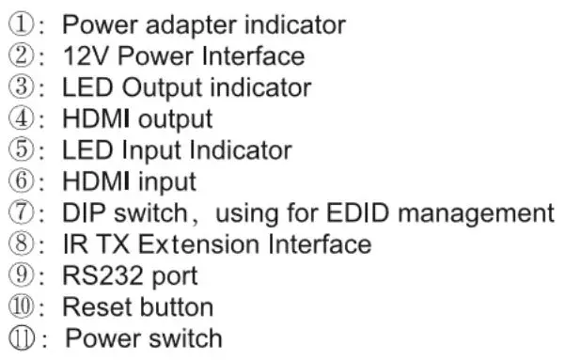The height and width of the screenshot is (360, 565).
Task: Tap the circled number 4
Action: tap(22, 117)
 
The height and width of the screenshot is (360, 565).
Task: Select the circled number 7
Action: tap(22, 211)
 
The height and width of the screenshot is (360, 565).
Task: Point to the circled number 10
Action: tap(22, 305)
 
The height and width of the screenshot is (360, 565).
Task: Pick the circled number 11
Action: tap(22, 337)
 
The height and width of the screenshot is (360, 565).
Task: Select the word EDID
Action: tap(357, 212)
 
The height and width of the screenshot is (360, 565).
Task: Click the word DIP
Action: tap(86, 212)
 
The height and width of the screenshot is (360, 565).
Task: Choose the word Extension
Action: tap(198, 244)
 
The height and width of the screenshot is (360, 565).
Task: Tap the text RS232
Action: tap(103, 275)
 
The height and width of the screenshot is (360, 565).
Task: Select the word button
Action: tap(177, 306)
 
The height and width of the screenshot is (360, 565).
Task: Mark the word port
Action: tap(175, 277)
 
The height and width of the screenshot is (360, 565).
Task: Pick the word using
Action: tap(247, 214)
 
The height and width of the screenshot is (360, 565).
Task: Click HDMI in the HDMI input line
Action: tap(96, 180)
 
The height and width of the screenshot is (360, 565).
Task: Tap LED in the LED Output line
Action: tap(87, 87)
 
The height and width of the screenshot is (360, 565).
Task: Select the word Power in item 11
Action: tap(103, 338)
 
